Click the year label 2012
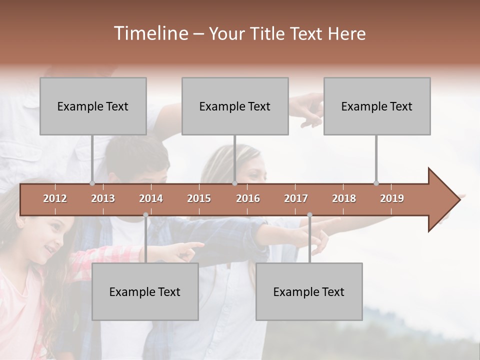click(55, 198)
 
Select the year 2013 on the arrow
click(103, 198)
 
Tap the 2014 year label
click(151, 198)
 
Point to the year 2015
click(199, 198)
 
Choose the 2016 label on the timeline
click(248, 198)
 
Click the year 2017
click(296, 198)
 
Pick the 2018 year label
click(344, 198)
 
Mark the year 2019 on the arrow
click(392, 198)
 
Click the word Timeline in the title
click(150, 33)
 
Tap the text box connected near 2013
click(93, 106)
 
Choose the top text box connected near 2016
click(235, 106)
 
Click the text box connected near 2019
click(377, 106)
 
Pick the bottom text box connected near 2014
click(145, 291)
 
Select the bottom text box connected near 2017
click(309, 291)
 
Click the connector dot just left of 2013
click(92, 183)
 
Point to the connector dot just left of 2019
click(376, 183)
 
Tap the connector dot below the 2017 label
click(309, 215)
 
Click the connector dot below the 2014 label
click(145, 215)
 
